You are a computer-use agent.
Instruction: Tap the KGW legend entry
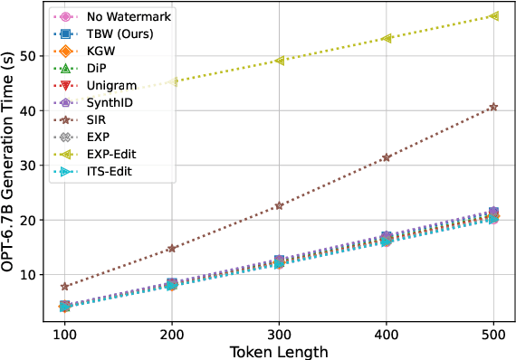[x=100, y=52]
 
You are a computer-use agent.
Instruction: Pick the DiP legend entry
[x=97, y=69]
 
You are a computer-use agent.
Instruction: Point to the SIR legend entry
[x=96, y=120]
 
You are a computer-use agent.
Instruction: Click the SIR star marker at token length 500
[x=493, y=107]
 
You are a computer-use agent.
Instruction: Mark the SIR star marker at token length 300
[x=279, y=205]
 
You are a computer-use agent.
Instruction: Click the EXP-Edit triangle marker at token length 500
[x=493, y=16]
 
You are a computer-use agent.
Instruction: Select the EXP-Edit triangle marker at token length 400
[x=387, y=38]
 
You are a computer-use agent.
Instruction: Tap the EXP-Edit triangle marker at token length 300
[x=279, y=61]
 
